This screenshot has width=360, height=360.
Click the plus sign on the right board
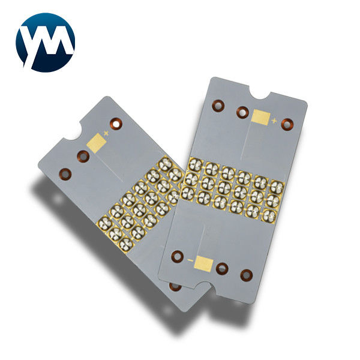(275, 121)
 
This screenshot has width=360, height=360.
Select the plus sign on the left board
(107, 132)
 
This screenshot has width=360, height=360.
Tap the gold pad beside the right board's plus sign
(261, 116)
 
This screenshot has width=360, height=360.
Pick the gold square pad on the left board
(95, 142)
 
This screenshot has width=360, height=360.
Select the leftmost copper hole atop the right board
(218, 106)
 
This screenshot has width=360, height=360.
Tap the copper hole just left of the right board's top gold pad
(242, 112)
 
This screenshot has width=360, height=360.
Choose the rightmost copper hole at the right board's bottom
(245, 275)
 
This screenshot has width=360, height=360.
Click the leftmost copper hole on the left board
(64, 175)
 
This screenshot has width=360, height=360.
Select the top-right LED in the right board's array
(277, 186)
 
